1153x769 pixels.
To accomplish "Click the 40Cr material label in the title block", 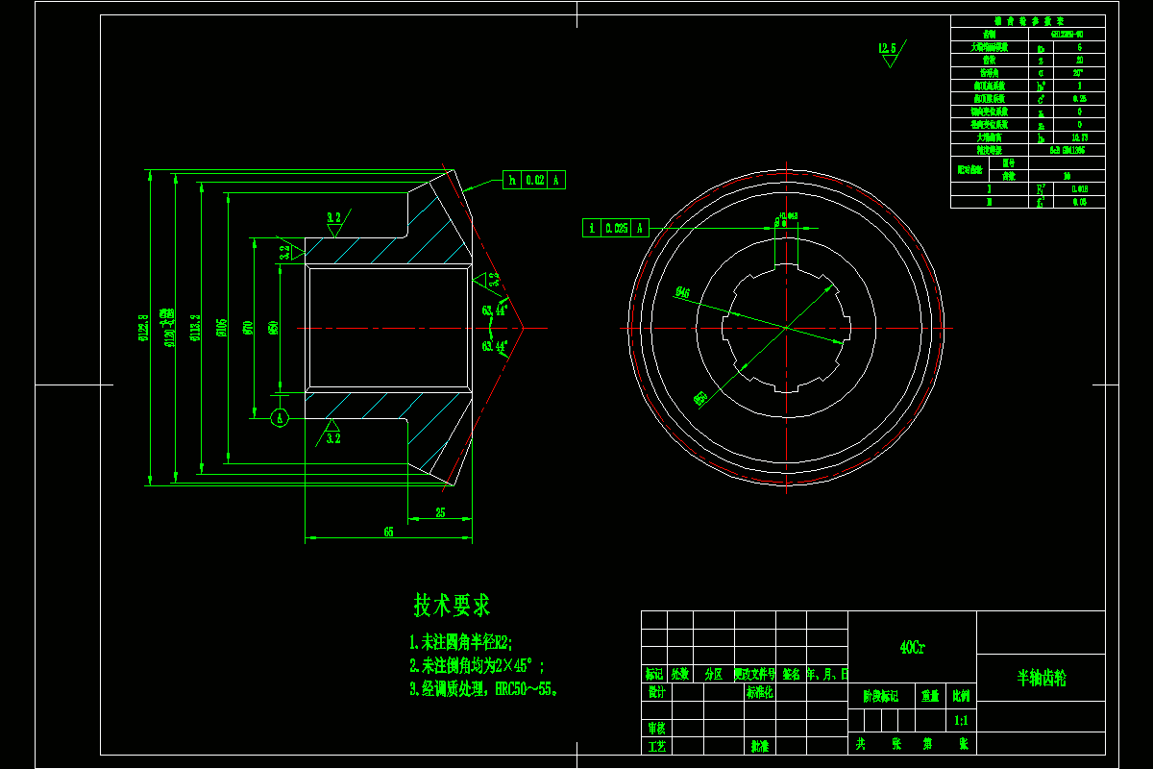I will click(912, 647).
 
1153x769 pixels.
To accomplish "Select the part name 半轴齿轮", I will click(1042, 678).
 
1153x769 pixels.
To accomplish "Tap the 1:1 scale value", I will click(961, 719).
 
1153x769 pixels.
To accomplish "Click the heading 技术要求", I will click(452, 606).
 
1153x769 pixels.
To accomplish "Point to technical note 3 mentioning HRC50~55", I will click(484, 689).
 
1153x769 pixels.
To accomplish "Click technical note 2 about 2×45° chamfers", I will click(478, 665).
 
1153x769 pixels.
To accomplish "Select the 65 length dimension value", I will click(388, 532).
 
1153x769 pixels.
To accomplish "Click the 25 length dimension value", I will click(440, 513).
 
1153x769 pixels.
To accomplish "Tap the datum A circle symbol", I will click(280, 418).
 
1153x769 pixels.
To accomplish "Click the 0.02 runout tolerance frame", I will click(534, 180).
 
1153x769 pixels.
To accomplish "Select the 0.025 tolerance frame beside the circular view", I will click(615, 228).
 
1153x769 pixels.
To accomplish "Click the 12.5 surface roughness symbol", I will click(887, 48).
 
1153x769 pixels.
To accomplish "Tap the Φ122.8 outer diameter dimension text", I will click(143, 327).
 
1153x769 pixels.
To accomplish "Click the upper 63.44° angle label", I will click(496, 310).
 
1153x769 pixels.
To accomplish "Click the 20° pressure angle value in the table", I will click(1078, 72).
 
